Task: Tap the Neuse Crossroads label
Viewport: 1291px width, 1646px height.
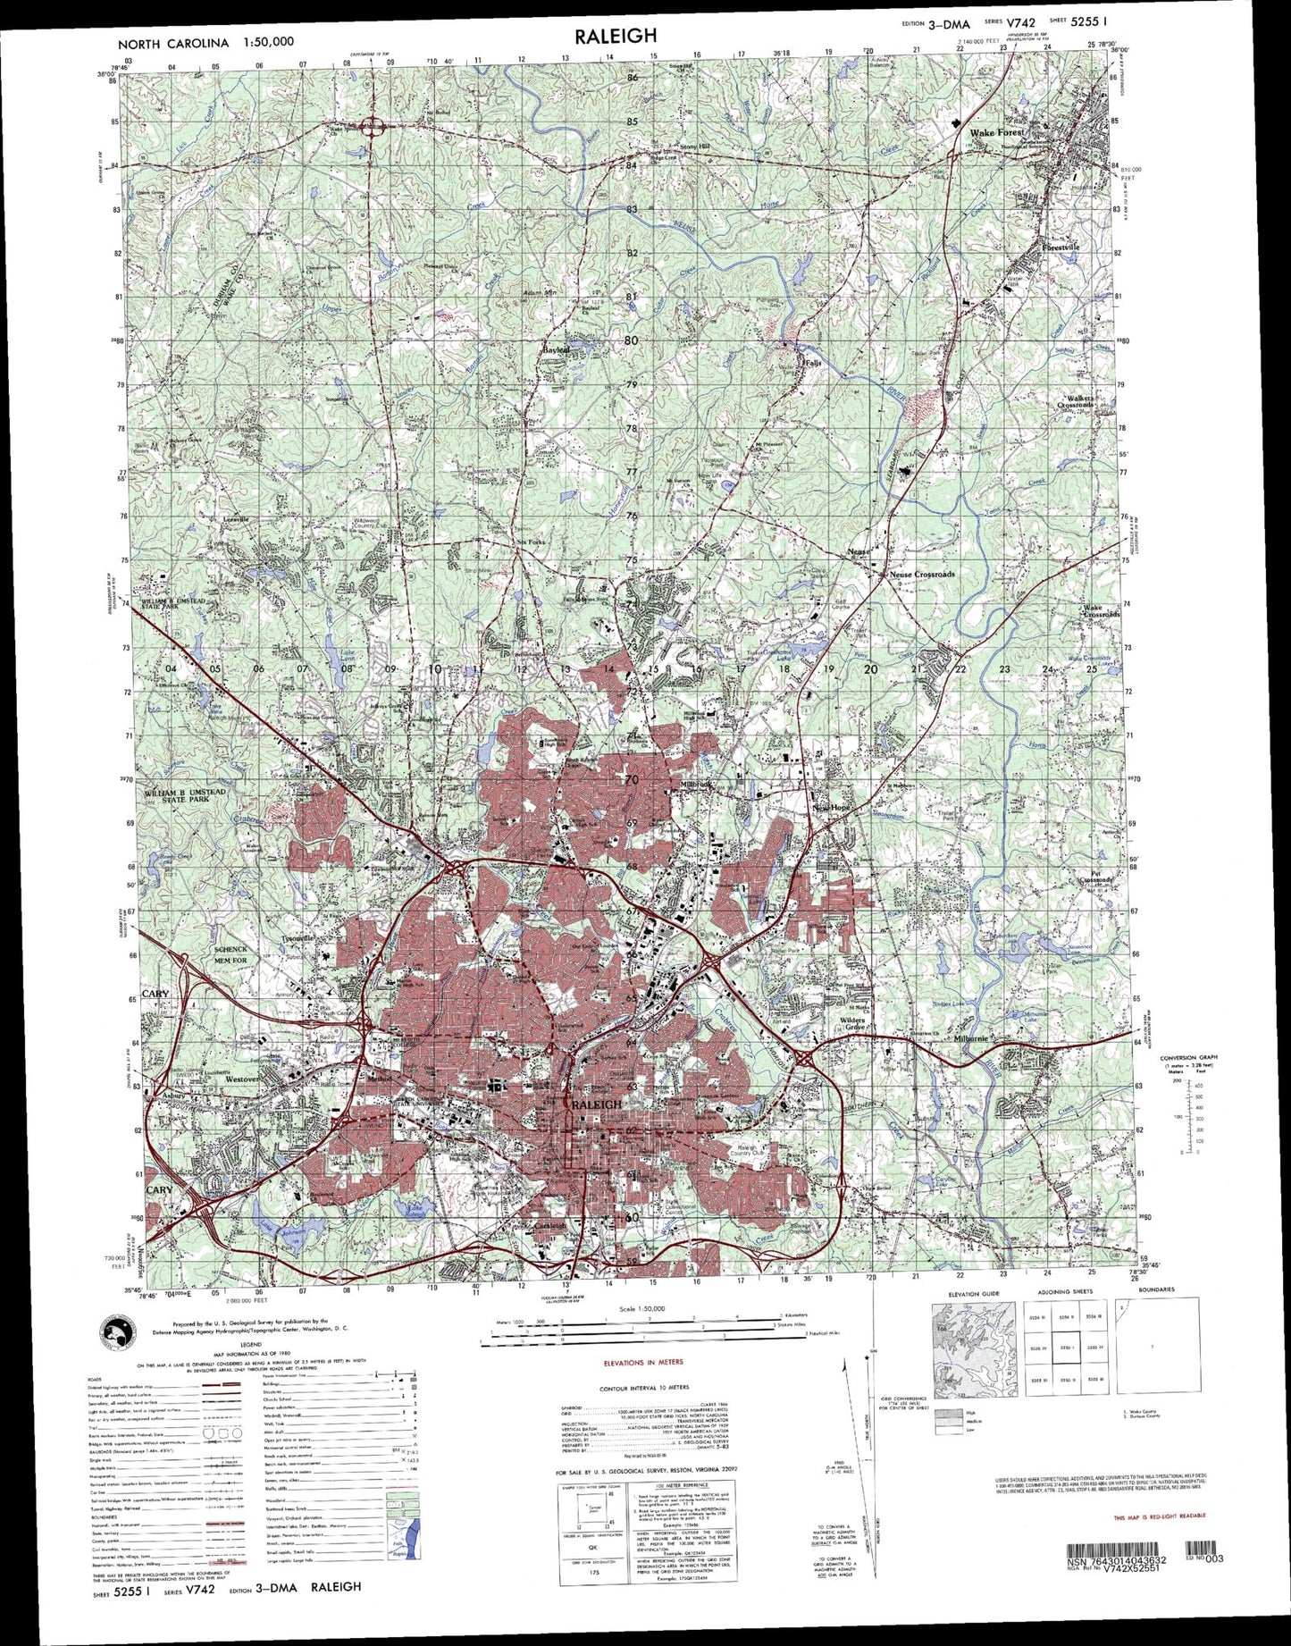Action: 923,574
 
